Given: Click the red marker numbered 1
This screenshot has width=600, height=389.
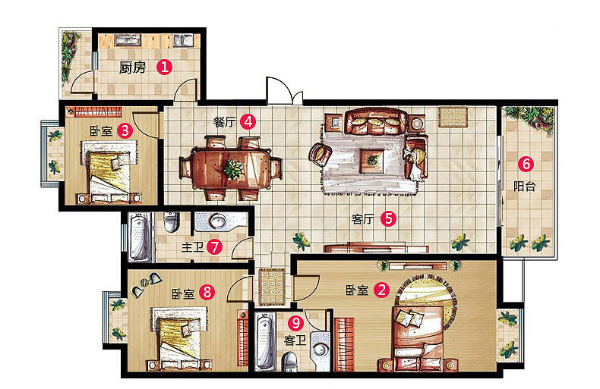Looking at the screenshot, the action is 164,67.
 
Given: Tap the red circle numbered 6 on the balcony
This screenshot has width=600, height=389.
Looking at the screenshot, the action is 526,164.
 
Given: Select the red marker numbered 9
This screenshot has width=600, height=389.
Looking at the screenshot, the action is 295,323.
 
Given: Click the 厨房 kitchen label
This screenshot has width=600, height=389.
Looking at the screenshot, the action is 132,67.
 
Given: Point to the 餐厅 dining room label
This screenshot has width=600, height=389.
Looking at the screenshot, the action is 225,122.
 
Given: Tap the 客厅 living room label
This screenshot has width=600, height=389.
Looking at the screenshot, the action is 363,219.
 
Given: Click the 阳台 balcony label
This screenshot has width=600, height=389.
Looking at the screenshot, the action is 524,187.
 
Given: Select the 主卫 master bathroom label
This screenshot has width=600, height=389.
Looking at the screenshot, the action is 192,247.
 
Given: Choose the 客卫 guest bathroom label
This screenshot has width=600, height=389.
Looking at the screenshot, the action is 295,340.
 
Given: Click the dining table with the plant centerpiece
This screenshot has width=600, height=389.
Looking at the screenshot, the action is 231,169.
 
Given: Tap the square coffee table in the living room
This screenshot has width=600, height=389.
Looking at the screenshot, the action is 371,161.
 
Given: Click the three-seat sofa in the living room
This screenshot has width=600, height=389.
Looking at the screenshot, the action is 376,121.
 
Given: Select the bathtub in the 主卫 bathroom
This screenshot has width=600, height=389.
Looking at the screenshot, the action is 138,237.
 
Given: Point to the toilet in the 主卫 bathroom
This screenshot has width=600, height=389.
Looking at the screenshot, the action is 171,222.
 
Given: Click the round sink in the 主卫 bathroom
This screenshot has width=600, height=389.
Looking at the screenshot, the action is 218,221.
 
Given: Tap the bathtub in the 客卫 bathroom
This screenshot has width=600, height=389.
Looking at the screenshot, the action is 265,341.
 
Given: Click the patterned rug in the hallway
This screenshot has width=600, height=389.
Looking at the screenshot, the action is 272,287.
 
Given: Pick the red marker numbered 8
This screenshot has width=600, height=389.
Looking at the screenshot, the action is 207,293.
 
